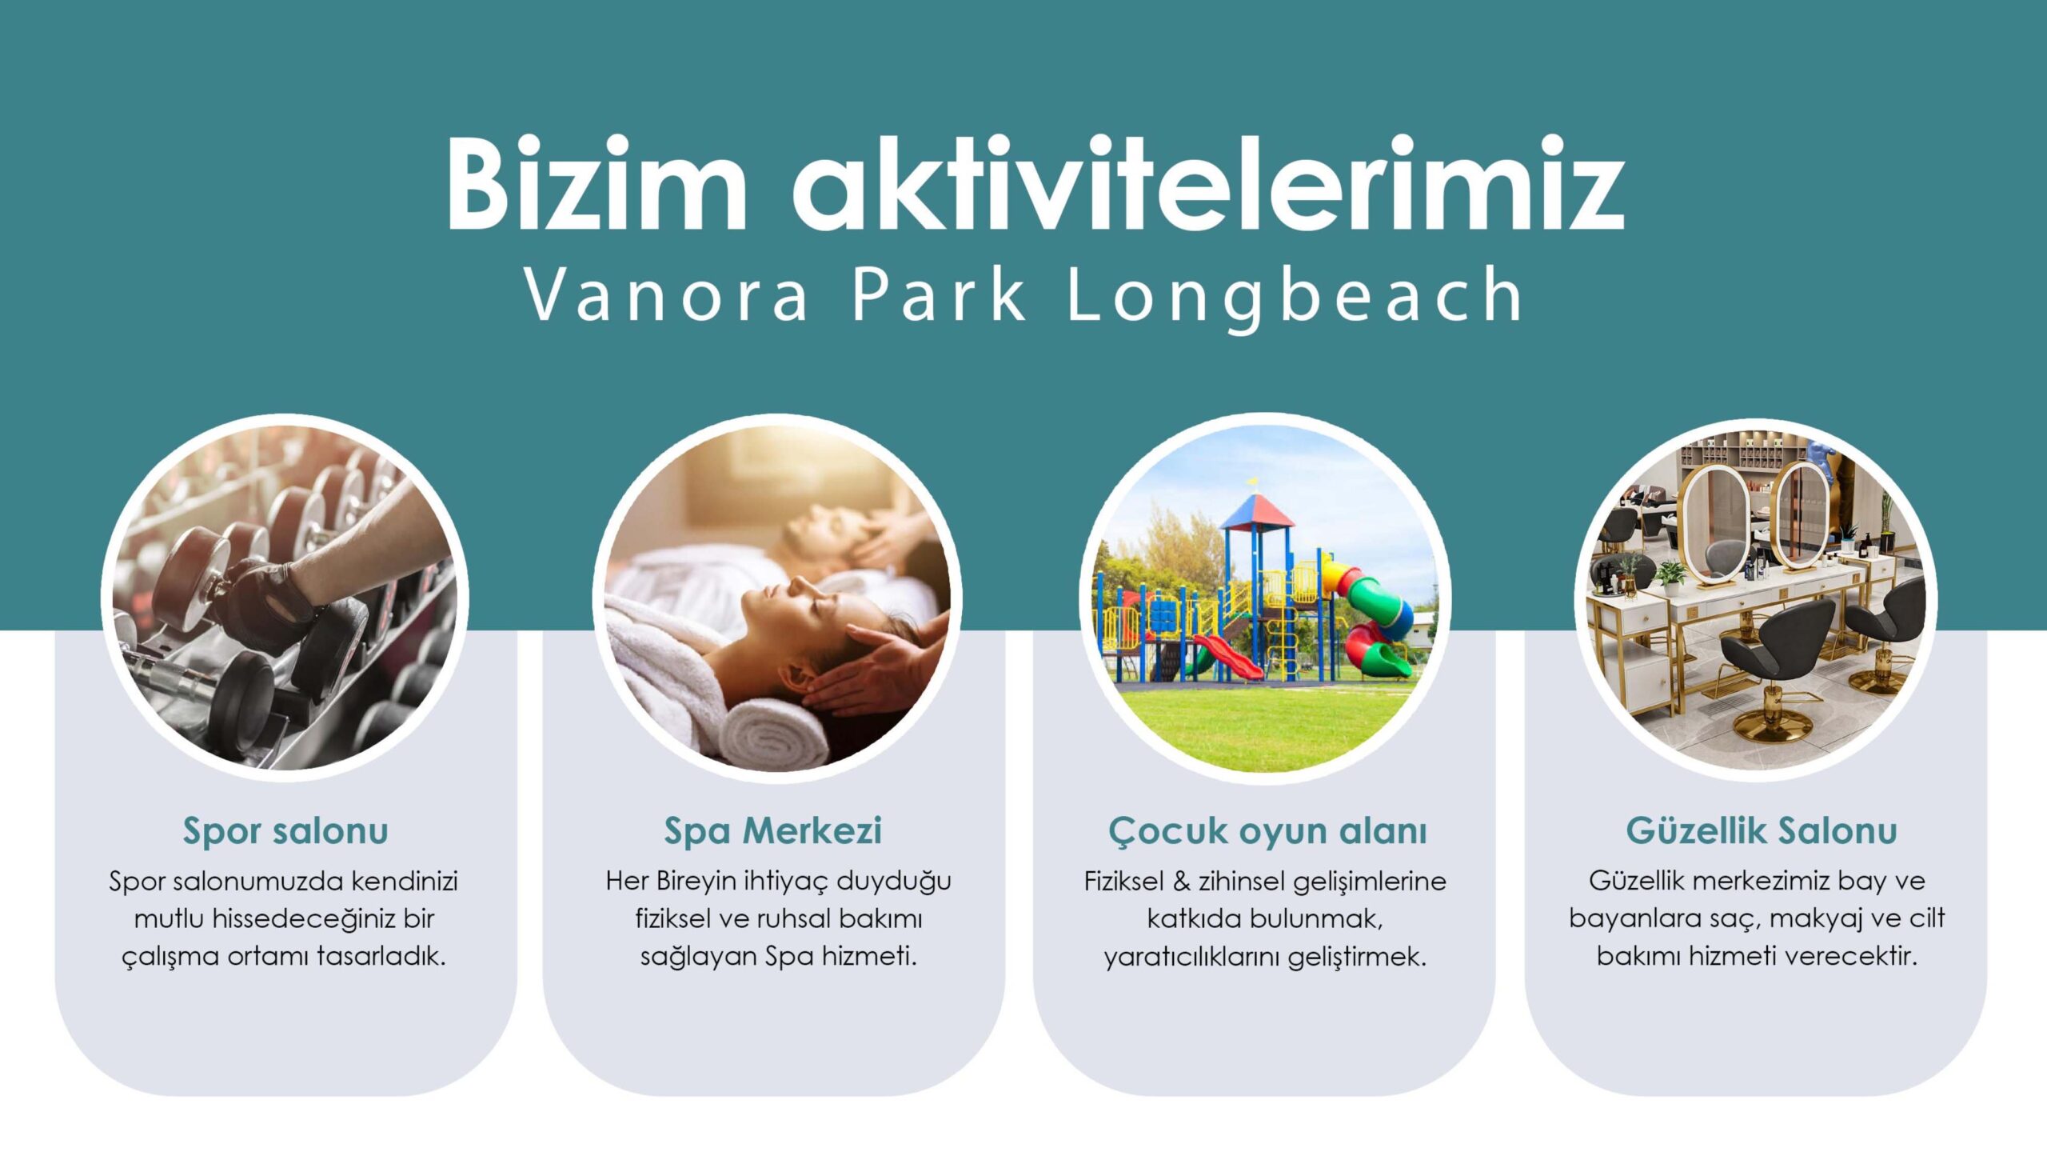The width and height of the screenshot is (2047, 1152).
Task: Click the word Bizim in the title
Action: pos(597,184)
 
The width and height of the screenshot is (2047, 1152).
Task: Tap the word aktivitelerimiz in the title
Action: pos(1208,184)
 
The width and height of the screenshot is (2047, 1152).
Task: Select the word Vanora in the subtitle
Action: pos(666,295)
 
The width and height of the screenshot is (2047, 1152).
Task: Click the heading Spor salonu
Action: pos(285,831)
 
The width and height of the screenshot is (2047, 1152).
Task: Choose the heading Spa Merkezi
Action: pos(772,831)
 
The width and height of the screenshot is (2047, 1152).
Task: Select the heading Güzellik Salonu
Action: pos(1762,830)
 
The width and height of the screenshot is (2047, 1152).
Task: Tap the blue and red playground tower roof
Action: pos(1258,513)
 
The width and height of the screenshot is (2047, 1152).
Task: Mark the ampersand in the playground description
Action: pos(1181,881)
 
